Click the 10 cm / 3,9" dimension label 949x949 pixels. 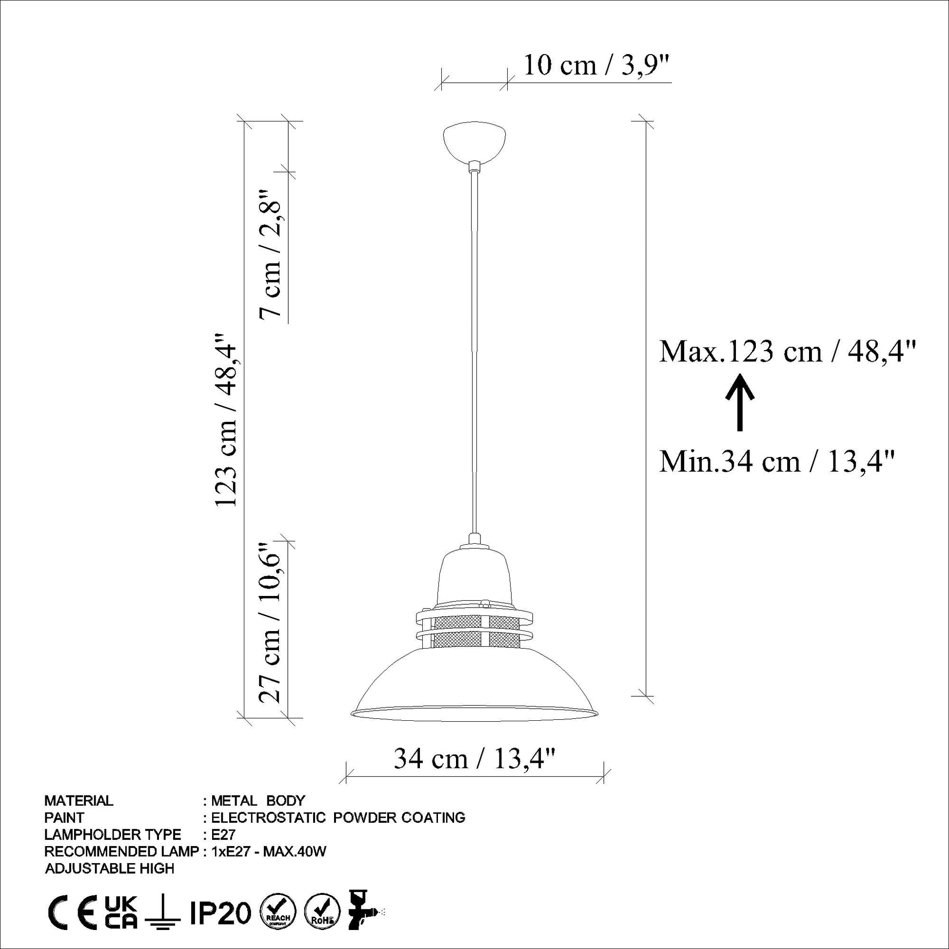(597, 65)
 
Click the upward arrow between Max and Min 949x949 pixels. (740, 402)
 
